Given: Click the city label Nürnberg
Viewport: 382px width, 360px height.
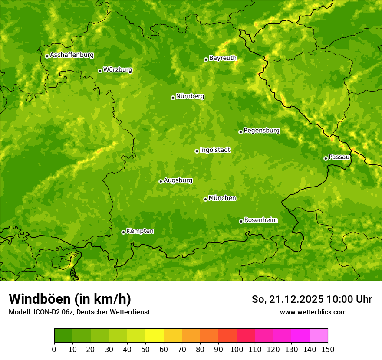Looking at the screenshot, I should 190,96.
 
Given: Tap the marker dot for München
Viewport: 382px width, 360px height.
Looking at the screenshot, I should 205,199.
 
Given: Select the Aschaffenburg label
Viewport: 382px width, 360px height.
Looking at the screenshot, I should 72,55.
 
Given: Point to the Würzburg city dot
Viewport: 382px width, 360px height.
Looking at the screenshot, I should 100,71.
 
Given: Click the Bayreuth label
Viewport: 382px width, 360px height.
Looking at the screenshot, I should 223,58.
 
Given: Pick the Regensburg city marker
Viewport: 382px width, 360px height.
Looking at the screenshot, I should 240,132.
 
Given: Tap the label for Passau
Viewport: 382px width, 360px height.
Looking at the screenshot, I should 339,157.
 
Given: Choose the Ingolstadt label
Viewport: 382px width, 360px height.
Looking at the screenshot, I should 215,150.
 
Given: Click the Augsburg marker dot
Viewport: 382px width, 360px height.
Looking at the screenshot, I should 161,181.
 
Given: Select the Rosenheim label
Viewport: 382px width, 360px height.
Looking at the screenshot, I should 260,220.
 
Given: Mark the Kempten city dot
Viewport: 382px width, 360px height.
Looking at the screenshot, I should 123,232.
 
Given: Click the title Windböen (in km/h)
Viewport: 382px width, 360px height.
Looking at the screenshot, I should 69,299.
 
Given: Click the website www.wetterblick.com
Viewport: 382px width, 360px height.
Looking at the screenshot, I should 313,312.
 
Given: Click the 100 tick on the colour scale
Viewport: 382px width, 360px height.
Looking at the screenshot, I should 237,349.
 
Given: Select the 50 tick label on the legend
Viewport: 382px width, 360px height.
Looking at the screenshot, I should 145,349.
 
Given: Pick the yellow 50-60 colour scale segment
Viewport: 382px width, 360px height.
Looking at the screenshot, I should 155,336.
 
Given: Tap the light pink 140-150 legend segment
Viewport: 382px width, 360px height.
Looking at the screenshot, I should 319,336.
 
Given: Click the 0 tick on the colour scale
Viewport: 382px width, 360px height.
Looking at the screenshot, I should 54,349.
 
